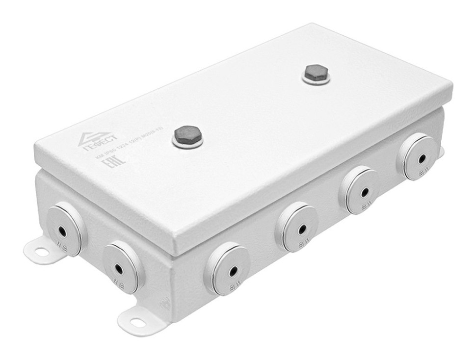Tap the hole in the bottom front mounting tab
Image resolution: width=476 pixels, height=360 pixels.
pos(139,322)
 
